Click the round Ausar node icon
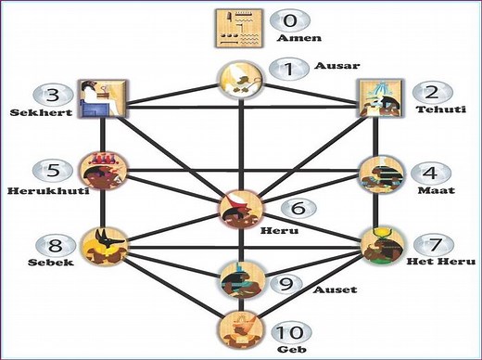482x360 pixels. [238, 82]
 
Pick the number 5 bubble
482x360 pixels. [51, 171]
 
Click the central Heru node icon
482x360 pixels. [239, 208]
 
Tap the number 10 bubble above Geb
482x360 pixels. [293, 332]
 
